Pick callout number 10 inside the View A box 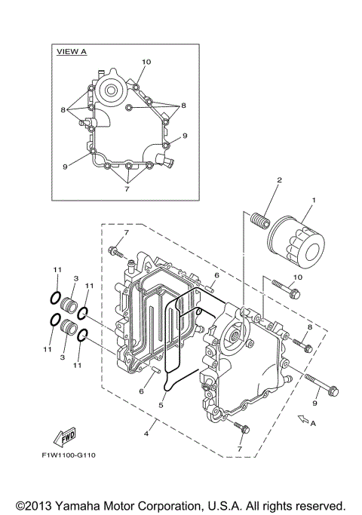146,61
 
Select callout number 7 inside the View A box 127,189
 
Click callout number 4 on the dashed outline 146,434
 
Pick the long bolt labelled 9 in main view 322,384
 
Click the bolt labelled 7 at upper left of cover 115,251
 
